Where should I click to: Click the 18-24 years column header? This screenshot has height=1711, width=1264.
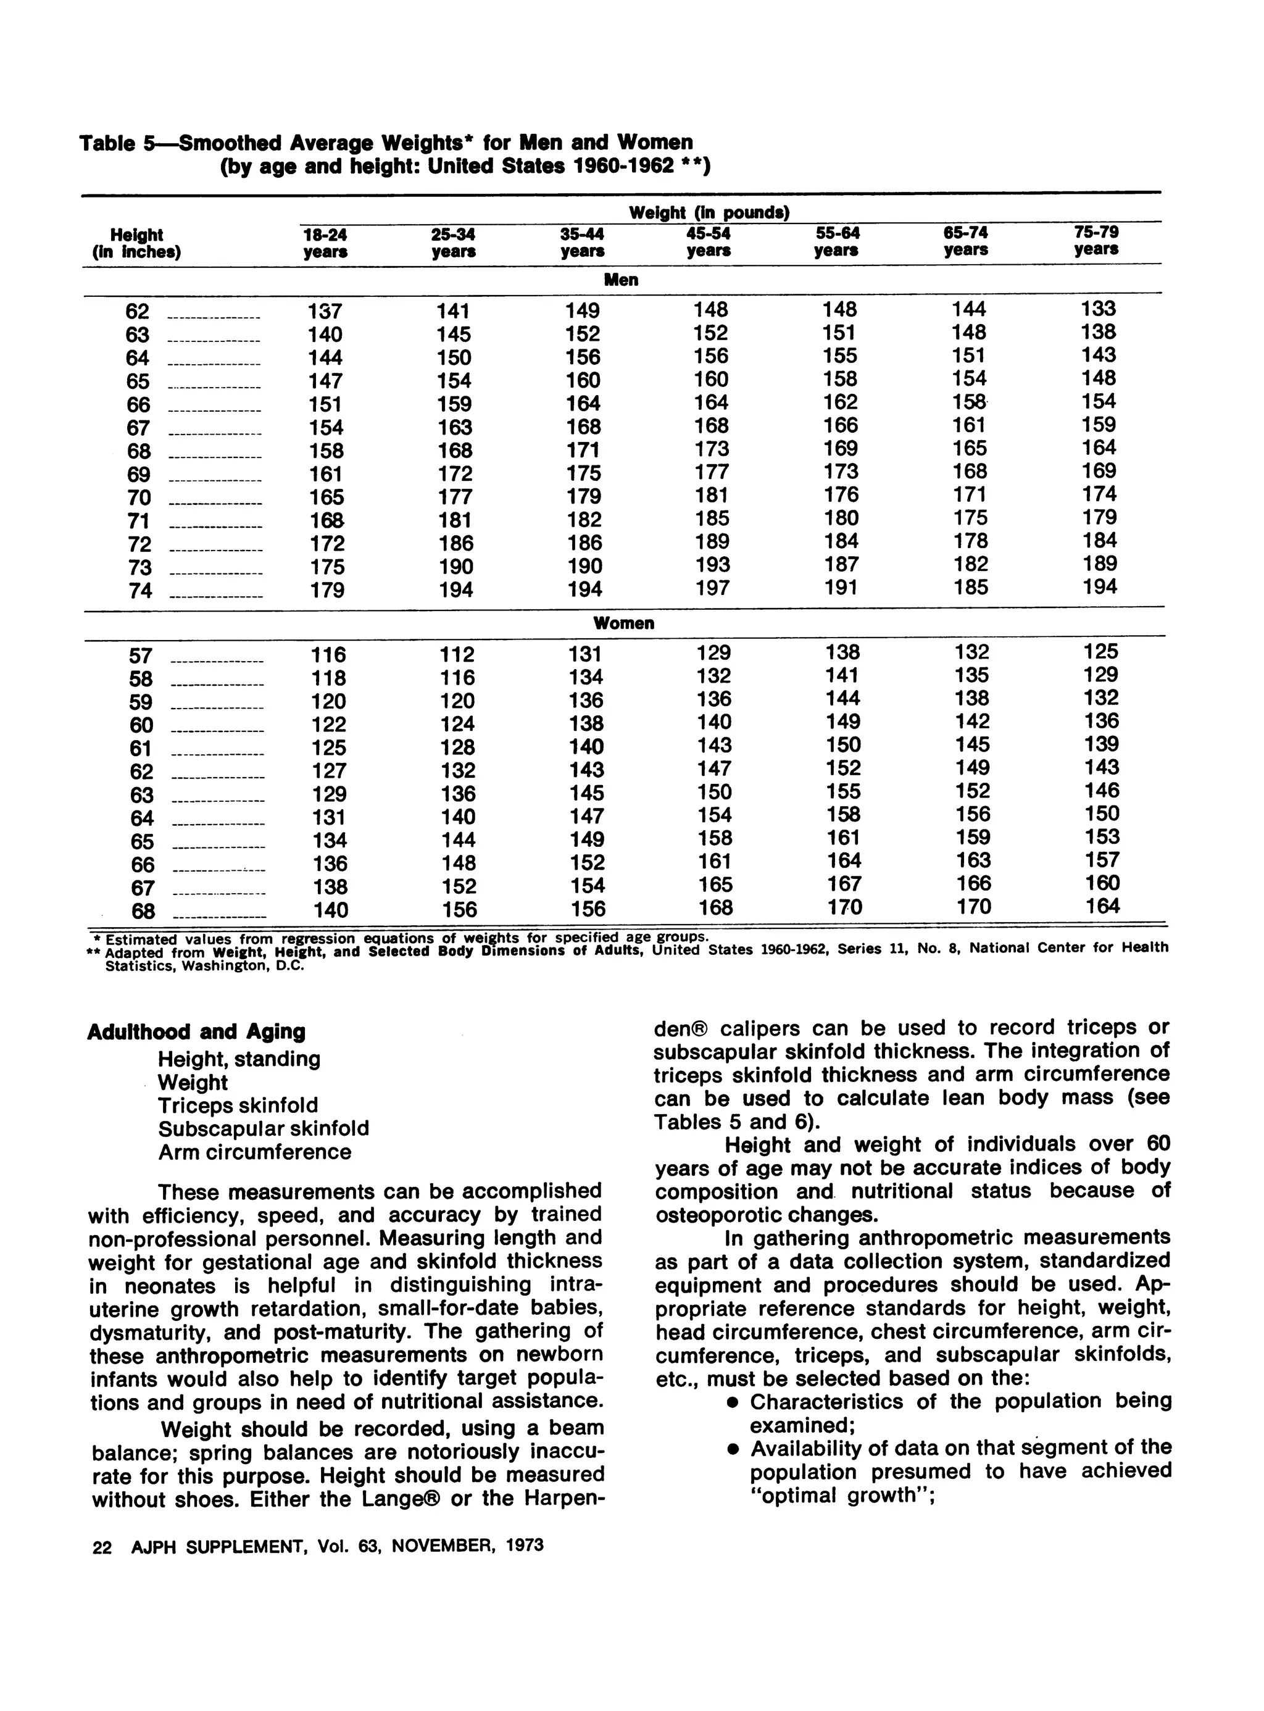(x=325, y=243)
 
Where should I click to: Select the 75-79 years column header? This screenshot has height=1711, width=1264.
(x=1096, y=240)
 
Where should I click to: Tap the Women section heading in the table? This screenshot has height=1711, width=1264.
(x=623, y=623)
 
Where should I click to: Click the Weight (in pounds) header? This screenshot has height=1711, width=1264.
(x=709, y=213)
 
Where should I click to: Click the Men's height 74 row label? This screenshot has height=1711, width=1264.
(x=140, y=591)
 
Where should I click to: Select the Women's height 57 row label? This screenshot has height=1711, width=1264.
(x=141, y=656)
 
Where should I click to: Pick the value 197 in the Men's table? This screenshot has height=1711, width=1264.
(x=712, y=588)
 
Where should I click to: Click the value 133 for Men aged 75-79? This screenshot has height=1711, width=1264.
(x=1098, y=309)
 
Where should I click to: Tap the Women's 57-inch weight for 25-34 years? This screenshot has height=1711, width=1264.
(x=457, y=654)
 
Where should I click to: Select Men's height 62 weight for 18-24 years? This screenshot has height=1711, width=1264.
(x=325, y=312)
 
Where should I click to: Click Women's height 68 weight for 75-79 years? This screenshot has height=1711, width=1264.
(x=1102, y=906)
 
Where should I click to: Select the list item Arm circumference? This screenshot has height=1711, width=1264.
(x=254, y=1152)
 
